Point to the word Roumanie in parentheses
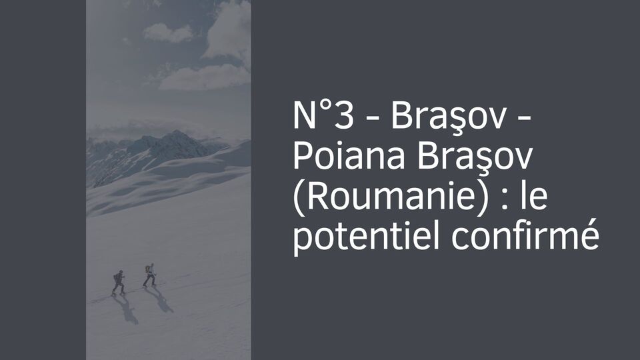(393, 198)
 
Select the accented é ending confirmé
(589, 239)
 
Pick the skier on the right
(150, 275)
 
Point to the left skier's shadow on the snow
(126, 309)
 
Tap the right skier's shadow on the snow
(160, 299)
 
